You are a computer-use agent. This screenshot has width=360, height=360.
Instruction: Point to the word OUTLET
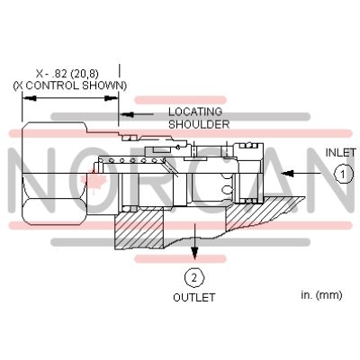[x=192, y=297]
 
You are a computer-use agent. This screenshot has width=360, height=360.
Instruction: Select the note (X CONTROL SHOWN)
[x=69, y=85]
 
